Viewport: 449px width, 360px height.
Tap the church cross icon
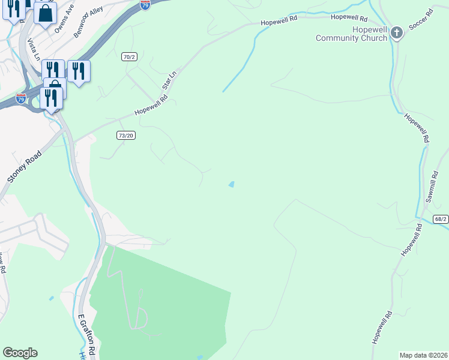396,33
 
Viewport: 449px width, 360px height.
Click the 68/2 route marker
441,220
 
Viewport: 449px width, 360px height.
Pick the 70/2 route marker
128,56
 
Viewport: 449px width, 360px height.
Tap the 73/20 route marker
126,136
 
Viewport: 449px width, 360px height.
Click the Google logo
19,353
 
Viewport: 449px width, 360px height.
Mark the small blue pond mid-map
231,184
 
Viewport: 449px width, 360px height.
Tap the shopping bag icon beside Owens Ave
45,13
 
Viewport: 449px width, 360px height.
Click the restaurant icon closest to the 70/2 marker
79,71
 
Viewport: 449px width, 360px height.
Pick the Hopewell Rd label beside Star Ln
148,108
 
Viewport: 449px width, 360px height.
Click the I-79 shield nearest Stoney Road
22,97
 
